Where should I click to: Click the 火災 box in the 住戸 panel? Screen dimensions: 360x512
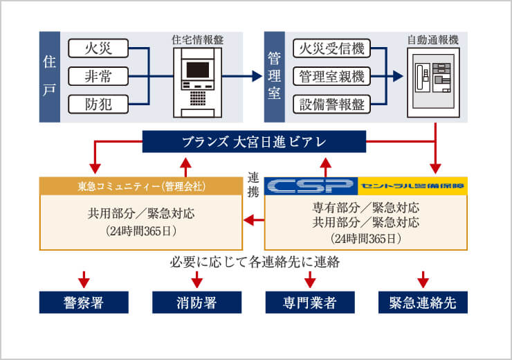(99, 48)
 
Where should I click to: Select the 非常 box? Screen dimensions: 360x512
(99, 76)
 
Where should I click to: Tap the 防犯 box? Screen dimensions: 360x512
(99, 105)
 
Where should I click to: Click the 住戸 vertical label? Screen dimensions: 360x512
(48, 76)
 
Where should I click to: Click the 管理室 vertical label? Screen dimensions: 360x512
(275, 76)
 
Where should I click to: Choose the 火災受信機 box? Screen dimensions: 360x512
(331, 48)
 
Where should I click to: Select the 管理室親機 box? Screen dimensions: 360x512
(331, 76)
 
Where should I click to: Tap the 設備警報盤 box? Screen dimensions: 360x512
(331, 105)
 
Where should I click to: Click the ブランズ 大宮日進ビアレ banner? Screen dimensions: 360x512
(254, 142)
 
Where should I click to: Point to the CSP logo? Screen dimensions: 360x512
(311, 186)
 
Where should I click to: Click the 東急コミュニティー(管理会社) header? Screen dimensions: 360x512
(141, 186)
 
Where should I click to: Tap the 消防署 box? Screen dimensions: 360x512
(197, 302)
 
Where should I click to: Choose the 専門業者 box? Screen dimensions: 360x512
(310, 302)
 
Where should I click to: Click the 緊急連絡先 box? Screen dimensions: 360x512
(423, 302)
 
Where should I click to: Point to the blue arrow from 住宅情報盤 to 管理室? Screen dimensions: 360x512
(242, 76)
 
